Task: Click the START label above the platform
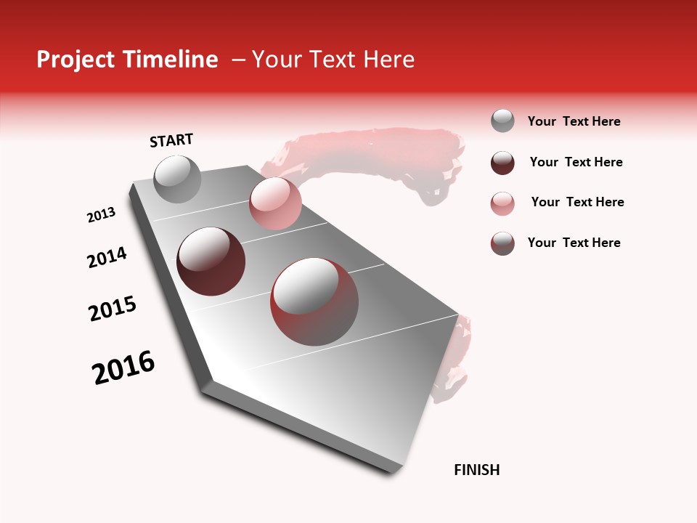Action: tap(171, 140)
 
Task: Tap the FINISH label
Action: tap(476, 470)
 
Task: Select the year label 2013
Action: tap(101, 215)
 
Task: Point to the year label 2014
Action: tap(107, 257)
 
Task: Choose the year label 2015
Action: tap(113, 309)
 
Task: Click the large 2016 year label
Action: tap(123, 368)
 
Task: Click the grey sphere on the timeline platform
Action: tap(177, 179)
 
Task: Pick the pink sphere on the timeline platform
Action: tap(275, 203)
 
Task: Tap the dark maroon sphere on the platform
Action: tap(211, 261)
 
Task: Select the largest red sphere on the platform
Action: tap(314, 301)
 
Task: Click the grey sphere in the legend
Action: tap(502, 121)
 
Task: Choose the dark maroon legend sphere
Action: tap(502, 163)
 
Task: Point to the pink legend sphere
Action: tap(502, 203)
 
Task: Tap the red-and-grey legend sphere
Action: tap(502, 243)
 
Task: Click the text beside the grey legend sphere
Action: tap(574, 122)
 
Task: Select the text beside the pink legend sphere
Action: tap(577, 202)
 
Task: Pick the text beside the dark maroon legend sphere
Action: tap(576, 162)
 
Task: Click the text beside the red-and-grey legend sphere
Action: tap(574, 243)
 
